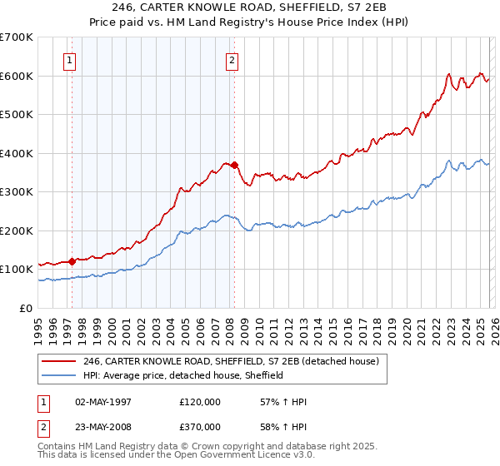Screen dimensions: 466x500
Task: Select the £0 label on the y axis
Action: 25,308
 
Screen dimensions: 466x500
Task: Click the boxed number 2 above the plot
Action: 231,59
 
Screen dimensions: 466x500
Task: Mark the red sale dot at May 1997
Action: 72,261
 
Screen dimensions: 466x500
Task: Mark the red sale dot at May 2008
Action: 234,165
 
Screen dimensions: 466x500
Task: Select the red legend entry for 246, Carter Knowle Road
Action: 231,361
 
